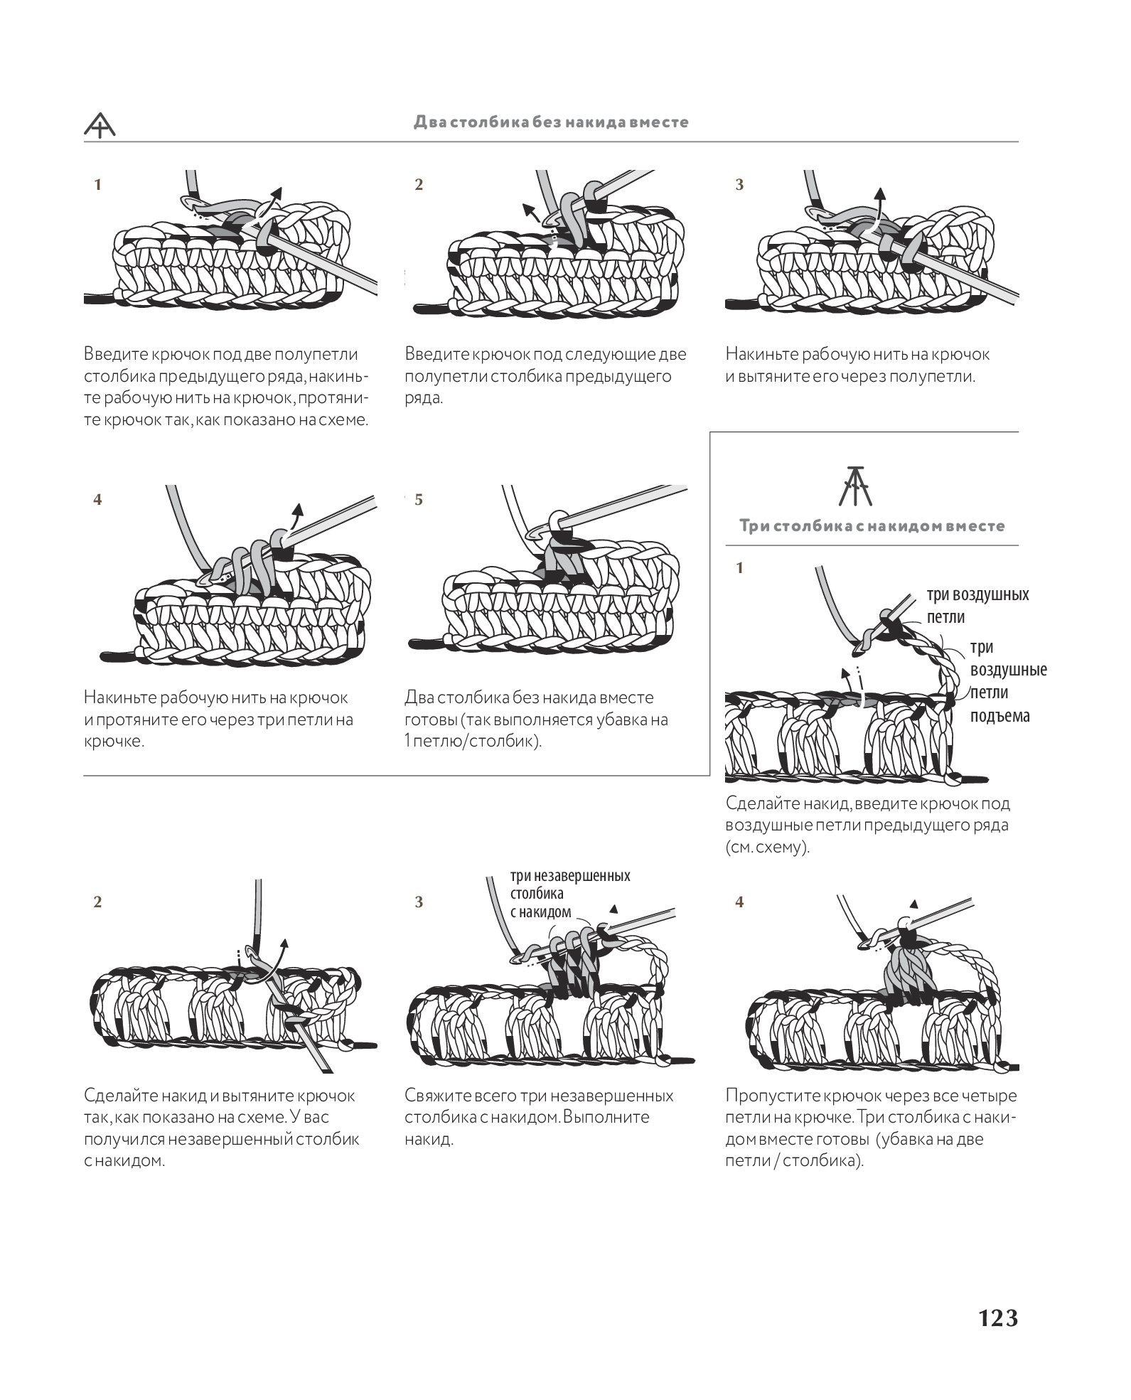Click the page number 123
(997, 1318)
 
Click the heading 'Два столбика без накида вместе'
(551, 122)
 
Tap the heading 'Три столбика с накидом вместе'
(872, 526)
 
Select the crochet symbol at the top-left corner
(100, 125)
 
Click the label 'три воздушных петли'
(977, 605)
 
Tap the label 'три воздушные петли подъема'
(1008, 681)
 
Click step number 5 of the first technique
(419, 500)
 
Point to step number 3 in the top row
(739, 185)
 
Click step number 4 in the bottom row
(739, 902)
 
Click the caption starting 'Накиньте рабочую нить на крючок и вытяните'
(857, 365)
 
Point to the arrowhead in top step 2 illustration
(527, 208)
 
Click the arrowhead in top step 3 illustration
(880, 192)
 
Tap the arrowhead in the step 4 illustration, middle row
(299, 508)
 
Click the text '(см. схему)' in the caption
(768, 848)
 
